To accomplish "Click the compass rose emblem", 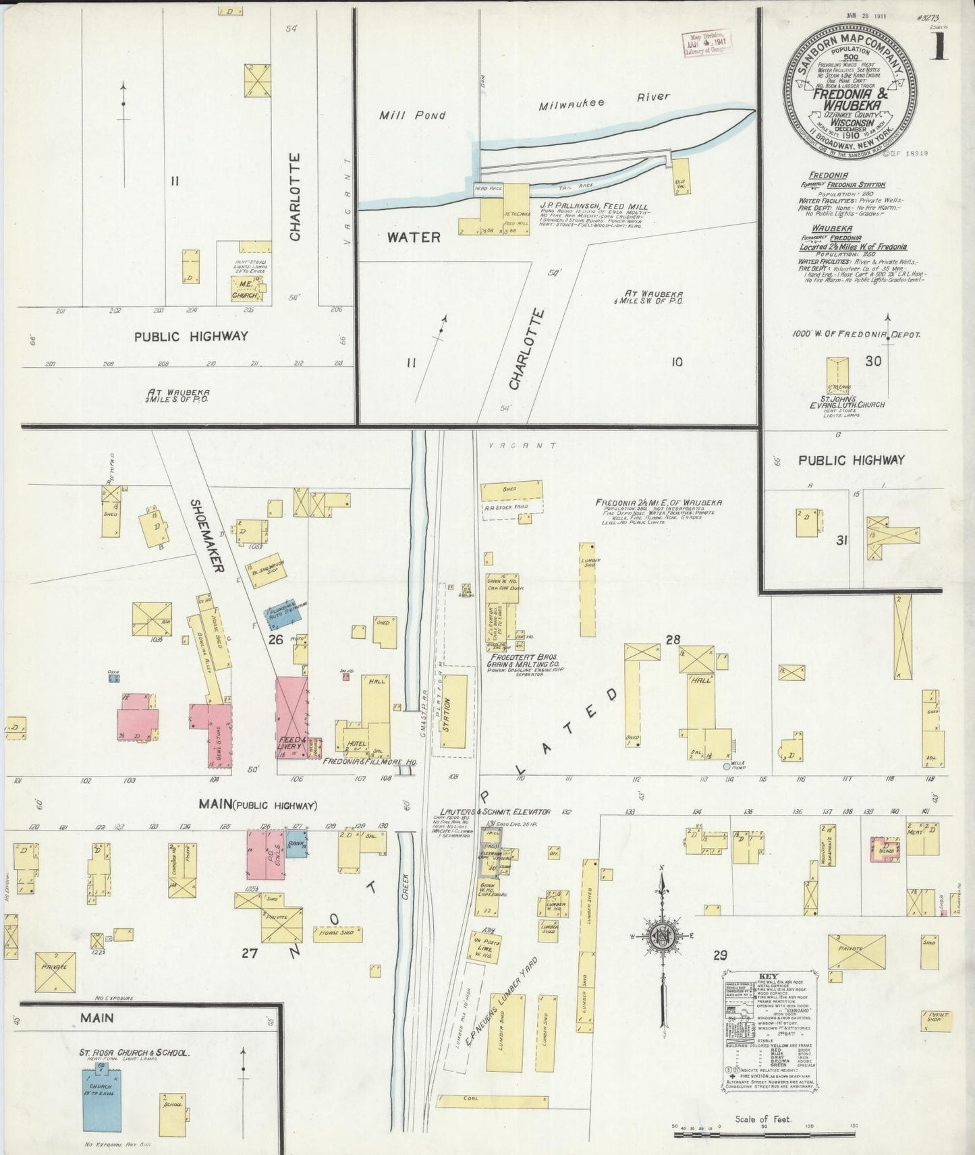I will point(662,936).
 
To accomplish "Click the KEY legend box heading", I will point(767,995).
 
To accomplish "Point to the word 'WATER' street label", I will point(414,237).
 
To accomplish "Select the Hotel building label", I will point(356,743).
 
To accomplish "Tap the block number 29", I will point(720,955).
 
